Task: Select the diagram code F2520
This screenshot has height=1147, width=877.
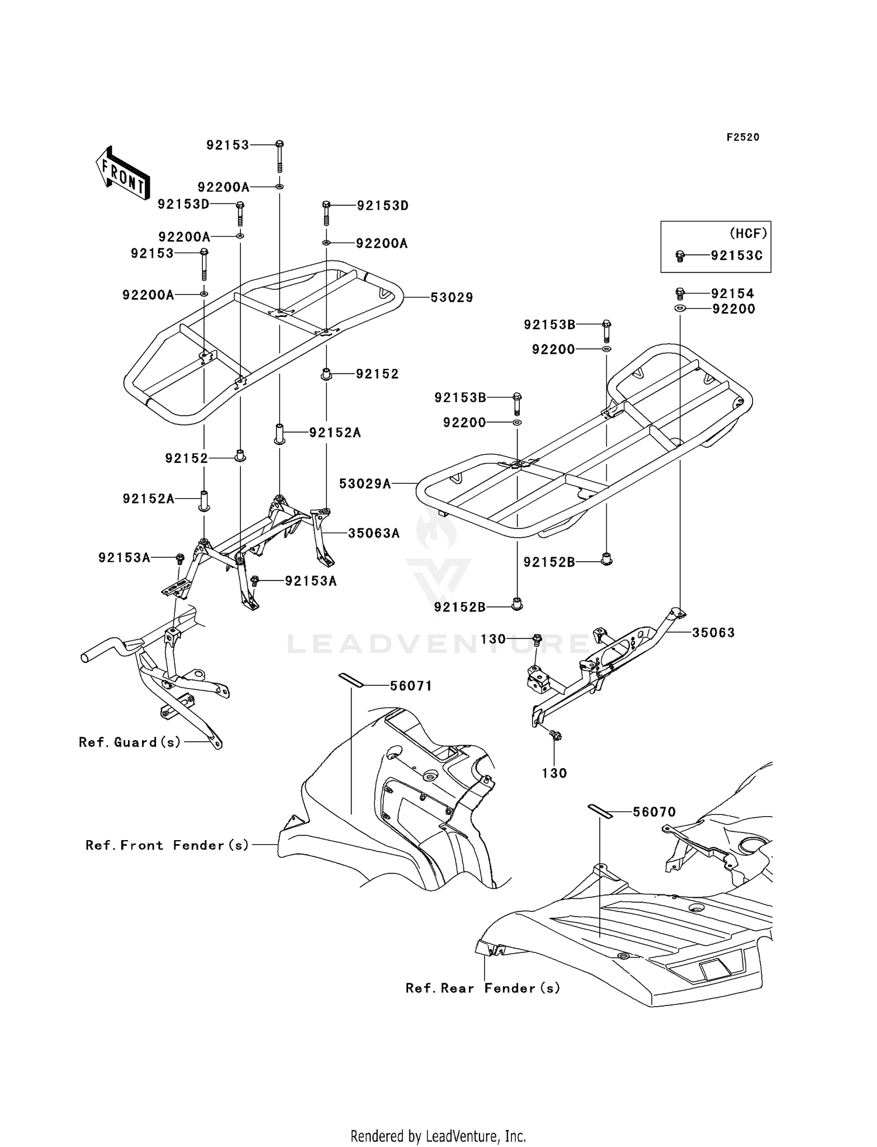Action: [x=743, y=137]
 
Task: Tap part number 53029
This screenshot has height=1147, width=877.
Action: [x=451, y=298]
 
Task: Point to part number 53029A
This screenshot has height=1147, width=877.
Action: [x=365, y=483]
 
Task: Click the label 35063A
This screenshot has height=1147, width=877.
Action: [x=374, y=533]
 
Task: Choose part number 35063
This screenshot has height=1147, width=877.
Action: [x=713, y=633]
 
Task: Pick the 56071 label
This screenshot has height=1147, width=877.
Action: [x=411, y=686]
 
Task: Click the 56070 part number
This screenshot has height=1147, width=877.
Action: [x=654, y=812]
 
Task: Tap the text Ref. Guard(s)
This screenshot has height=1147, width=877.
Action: [x=130, y=742]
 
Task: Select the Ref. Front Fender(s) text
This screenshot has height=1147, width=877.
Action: [x=167, y=845]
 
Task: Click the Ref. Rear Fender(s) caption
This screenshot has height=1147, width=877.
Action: [x=483, y=989]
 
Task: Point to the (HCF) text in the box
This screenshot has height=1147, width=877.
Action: [x=748, y=233]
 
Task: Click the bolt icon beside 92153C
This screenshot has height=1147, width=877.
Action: [x=679, y=256]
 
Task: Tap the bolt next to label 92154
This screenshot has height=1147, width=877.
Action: [x=680, y=293]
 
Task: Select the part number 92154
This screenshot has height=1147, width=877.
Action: [x=733, y=293]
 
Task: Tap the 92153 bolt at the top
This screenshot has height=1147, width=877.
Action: [x=279, y=156]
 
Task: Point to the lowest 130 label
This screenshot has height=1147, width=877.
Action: [x=554, y=773]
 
